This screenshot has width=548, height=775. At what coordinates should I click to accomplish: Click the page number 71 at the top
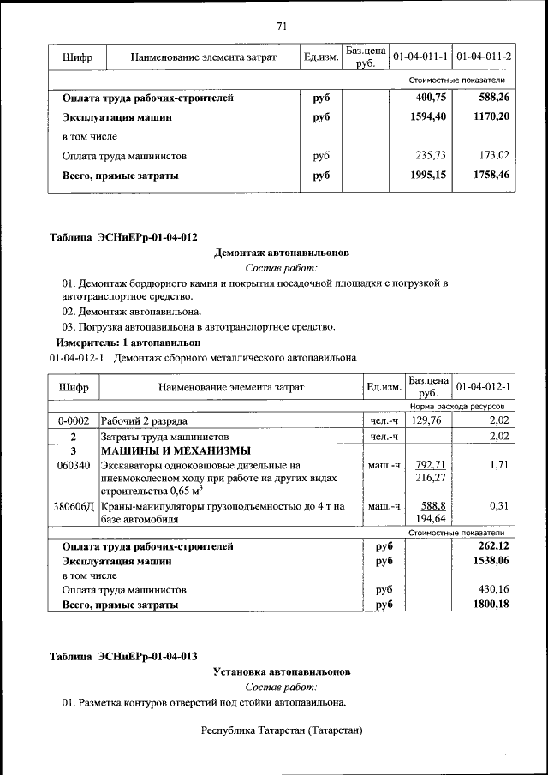281,27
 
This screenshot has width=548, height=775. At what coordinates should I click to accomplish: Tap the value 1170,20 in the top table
492,116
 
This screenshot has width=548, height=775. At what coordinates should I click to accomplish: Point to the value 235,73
431,156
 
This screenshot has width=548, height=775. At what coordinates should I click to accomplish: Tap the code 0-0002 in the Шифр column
74,421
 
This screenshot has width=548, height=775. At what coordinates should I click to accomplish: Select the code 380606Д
74,506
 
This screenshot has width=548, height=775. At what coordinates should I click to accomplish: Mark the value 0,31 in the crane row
499,506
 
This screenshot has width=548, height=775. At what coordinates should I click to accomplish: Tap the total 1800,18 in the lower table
491,605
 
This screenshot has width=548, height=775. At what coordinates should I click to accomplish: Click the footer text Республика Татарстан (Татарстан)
282,730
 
